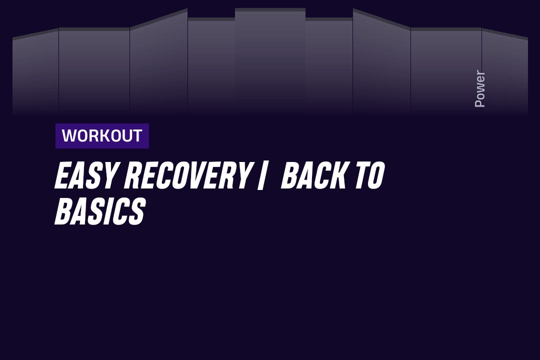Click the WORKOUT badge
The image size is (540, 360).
pyautogui.click(x=102, y=135)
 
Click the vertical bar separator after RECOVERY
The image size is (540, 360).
pyautogui.click(x=262, y=175)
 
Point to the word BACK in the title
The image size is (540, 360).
pyautogui.click(x=313, y=175)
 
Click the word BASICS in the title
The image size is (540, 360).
pyautogui.click(x=100, y=211)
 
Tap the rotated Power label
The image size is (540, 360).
pyautogui.click(x=479, y=88)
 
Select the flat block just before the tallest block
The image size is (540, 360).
pyautogui.click(x=211, y=66)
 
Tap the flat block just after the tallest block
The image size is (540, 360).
pyautogui.click(x=329, y=66)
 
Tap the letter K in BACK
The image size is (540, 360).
pyautogui.click(x=338, y=175)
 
